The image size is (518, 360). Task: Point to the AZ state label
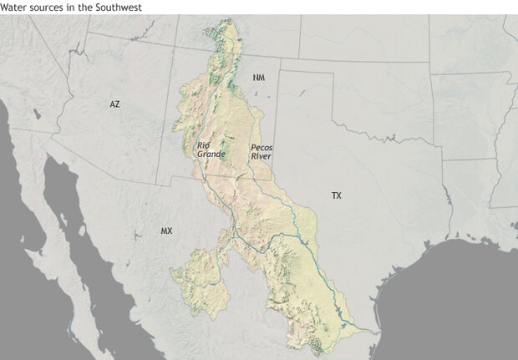114,104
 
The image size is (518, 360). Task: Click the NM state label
259,78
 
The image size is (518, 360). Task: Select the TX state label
336,195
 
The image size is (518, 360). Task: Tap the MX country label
166,230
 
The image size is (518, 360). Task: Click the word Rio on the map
203,145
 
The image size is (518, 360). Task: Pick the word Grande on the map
206,155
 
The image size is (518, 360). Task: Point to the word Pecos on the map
262,147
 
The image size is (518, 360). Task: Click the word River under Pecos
261,156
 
